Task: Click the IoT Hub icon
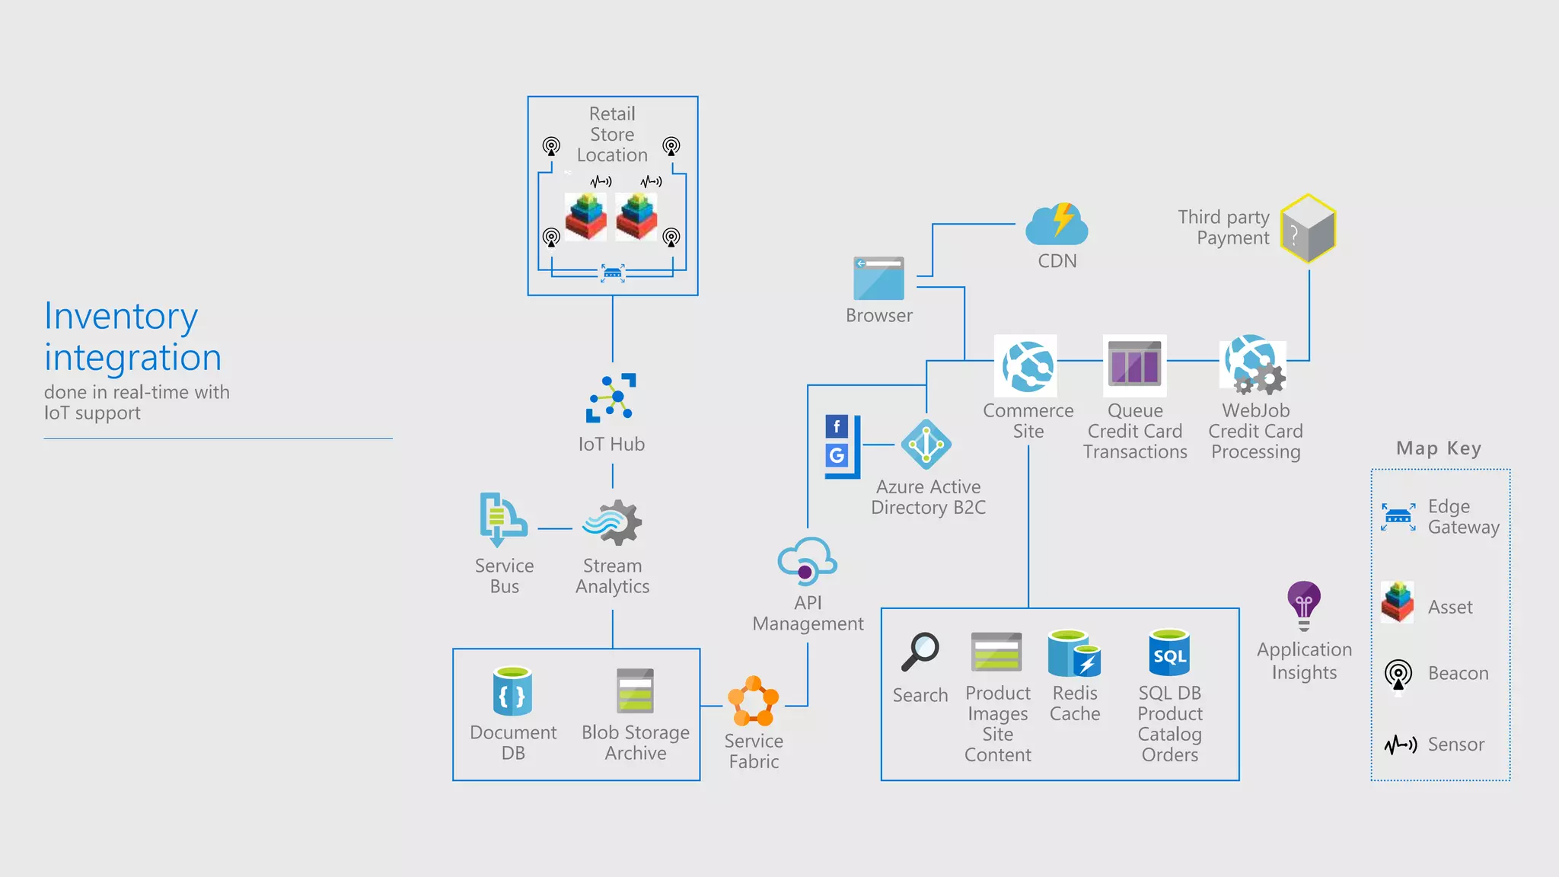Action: [611, 397]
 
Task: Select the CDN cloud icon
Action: [1057, 225]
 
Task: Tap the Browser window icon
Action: [878, 279]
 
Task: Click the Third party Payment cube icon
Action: [1308, 228]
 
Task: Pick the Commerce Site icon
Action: [1027, 366]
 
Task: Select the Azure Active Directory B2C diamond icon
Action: [926, 445]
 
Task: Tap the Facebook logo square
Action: [837, 426]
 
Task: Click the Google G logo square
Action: [837, 455]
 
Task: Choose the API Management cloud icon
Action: [807, 560]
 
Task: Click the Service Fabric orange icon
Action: [753, 701]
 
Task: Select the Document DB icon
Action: [512, 691]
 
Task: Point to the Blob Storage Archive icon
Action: [635, 691]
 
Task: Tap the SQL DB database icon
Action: [1169, 653]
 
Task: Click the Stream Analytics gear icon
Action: [614, 523]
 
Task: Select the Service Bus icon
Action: [502, 520]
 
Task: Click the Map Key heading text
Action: [1438, 448]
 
